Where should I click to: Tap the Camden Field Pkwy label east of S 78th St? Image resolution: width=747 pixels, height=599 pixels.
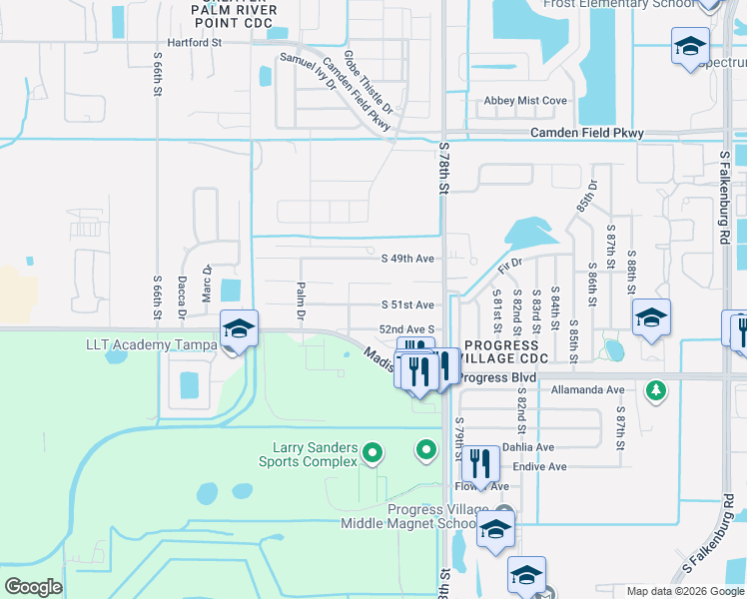[587, 133]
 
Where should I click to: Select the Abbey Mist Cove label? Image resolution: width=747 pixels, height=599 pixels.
[525, 101]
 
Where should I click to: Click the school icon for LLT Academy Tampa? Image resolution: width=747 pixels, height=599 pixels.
[240, 327]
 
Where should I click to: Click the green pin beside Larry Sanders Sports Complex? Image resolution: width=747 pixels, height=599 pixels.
[373, 453]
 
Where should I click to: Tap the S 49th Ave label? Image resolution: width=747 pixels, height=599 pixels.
[408, 259]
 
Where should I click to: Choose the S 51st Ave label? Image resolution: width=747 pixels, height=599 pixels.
[408, 304]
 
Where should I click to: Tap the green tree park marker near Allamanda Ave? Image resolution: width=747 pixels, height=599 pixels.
[655, 389]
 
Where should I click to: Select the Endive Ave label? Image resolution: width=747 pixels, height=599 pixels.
[539, 466]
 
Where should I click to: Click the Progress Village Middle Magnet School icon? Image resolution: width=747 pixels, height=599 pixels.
[495, 531]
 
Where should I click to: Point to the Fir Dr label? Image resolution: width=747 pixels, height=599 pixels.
[509, 268]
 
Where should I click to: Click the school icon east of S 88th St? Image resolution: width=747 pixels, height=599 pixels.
[651, 317]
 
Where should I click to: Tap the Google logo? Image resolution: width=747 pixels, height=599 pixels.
[33, 587]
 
